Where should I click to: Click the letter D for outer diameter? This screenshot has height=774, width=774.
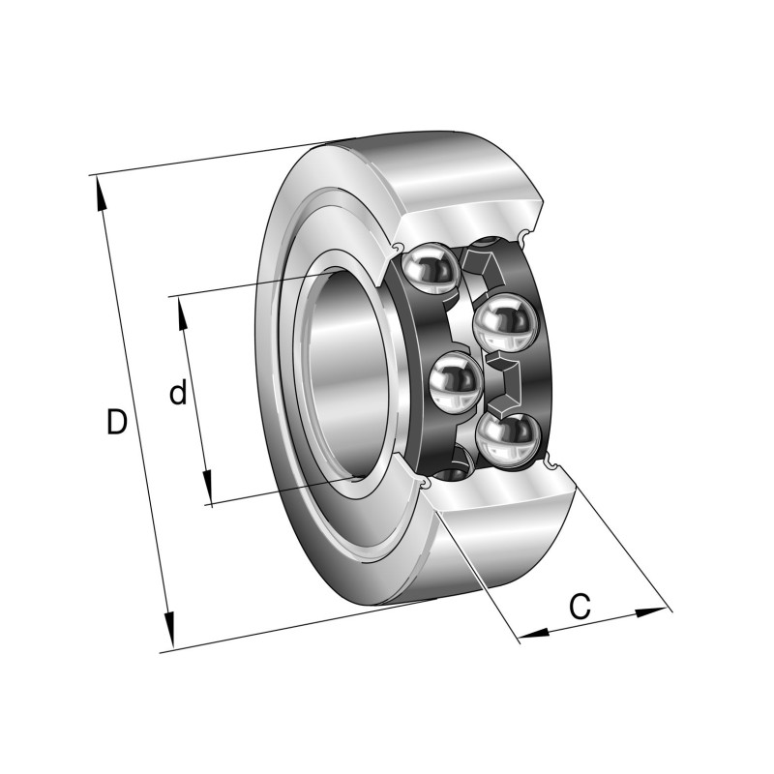(x=116, y=422)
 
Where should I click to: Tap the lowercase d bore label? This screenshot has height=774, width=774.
(x=177, y=393)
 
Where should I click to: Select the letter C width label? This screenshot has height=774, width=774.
(x=579, y=607)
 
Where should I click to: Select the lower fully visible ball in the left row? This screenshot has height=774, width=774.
(x=456, y=381)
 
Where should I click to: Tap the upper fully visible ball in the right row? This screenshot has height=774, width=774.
(x=504, y=324)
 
